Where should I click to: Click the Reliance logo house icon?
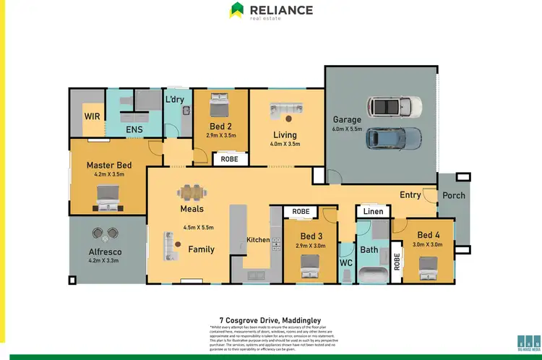click(x=236, y=10)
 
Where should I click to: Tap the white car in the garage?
click(x=394, y=107)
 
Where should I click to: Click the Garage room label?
click(x=346, y=120)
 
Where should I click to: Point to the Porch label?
click(x=454, y=195)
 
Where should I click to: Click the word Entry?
click(x=410, y=194)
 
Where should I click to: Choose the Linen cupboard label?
click(x=373, y=211)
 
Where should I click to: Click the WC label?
click(x=346, y=262)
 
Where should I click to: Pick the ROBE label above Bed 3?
click(x=300, y=212)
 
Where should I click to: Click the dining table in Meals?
click(x=192, y=192)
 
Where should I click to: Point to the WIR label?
click(x=93, y=115)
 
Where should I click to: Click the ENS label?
click(x=134, y=130)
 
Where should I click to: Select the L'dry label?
click(x=175, y=99)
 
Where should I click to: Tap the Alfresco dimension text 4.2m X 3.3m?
click(x=106, y=260)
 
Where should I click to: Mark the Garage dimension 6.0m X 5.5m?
click(x=346, y=129)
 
